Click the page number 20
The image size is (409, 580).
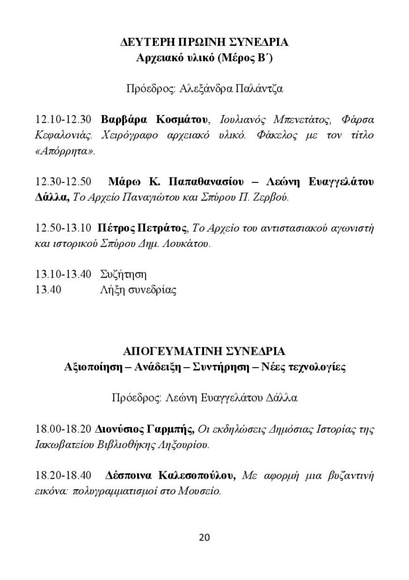pos(204,538)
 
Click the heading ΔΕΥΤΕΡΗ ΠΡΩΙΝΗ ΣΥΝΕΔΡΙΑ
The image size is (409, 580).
pos(205,42)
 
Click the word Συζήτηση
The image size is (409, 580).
pos(123,275)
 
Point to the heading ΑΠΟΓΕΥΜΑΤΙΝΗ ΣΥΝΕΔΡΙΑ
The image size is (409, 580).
pos(204,351)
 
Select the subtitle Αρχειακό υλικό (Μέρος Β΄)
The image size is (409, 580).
pos(204,58)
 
